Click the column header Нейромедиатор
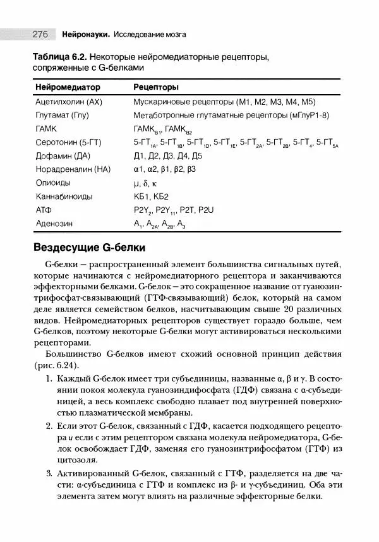point(68,86)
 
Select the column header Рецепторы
point(155,86)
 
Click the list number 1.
point(49,379)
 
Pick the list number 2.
point(49,425)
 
